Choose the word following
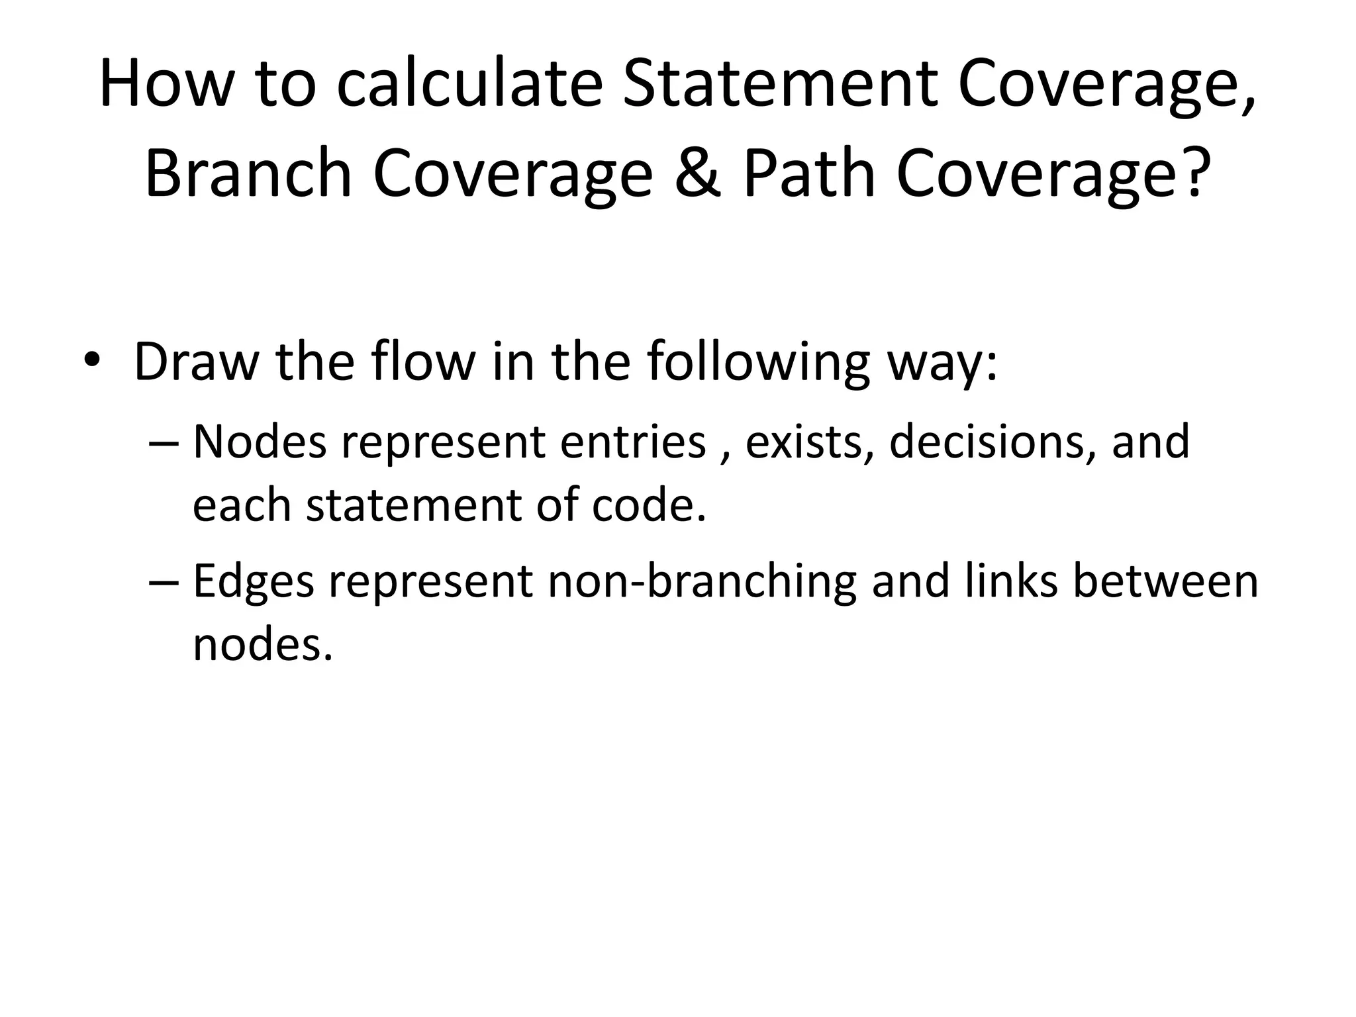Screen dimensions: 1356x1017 [x=757, y=363]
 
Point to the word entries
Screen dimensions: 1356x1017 [x=633, y=442]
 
